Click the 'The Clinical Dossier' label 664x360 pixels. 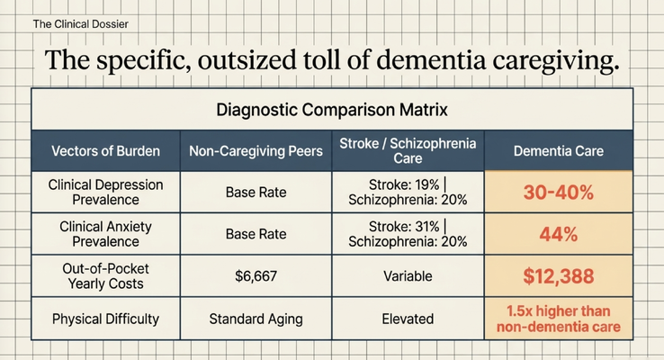click(80, 24)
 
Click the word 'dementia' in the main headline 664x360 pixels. click(431, 60)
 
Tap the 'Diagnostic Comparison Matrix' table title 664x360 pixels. click(332, 110)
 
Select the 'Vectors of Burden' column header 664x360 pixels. click(106, 151)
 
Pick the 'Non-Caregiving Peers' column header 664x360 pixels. click(256, 151)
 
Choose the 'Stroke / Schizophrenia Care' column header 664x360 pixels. click(408, 151)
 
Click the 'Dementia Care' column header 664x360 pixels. click(559, 151)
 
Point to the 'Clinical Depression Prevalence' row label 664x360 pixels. click(106, 192)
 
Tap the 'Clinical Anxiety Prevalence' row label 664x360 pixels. click(106, 234)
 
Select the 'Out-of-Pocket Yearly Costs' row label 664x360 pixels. click(106, 275)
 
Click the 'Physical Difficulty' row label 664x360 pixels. click(106, 319)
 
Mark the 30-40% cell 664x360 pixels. click(559, 193)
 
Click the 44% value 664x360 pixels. click(559, 234)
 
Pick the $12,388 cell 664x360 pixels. click(559, 276)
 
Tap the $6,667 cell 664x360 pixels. click(256, 276)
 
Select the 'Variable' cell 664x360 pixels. click(408, 276)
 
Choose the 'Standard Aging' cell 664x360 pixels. click(256, 319)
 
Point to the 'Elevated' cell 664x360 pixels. click(408, 319)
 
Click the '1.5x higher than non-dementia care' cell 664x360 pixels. click(559, 319)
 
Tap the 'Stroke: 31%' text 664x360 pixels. click(404, 227)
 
